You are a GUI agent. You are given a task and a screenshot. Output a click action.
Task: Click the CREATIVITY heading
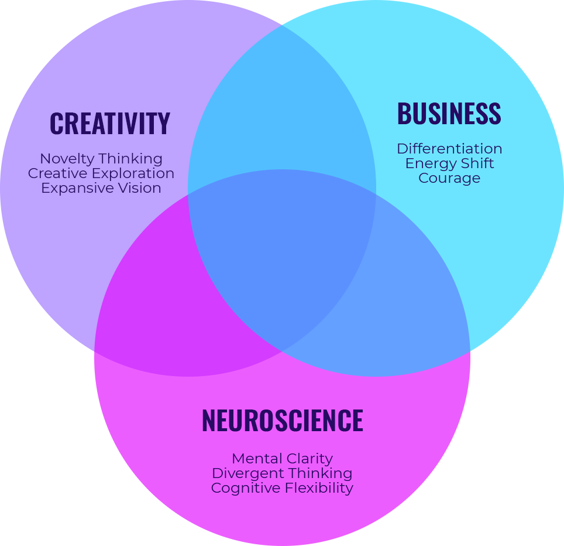click(x=109, y=124)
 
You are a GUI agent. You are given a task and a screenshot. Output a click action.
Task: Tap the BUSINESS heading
click(x=449, y=114)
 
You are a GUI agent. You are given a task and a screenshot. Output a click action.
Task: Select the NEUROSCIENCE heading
click(x=282, y=421)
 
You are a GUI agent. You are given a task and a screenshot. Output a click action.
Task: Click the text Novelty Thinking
click(x=101, y=159)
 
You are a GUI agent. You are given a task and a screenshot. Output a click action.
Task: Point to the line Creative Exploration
click(x=101, y=173)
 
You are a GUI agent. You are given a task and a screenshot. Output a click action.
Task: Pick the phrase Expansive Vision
click(x=101, y=188)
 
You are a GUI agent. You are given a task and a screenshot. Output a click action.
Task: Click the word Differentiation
click(x=449, y=149)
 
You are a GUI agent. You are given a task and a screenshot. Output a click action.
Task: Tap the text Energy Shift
click(x=449, y=163)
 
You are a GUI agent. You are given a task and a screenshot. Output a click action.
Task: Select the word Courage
click(x=449, y=178)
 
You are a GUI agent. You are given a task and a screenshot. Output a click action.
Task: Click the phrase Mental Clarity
click(x=282, y=459)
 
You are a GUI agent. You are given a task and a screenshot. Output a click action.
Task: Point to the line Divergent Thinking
click(x=282, y=473)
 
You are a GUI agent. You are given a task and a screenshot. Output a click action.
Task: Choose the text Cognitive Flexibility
click(x=282, y=488)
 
